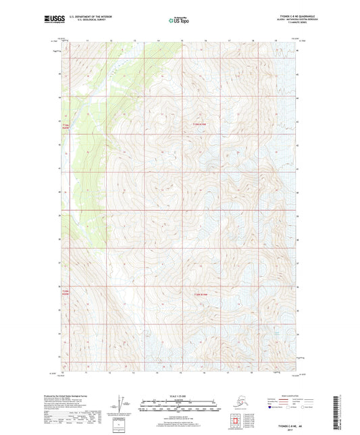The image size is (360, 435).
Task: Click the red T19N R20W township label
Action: click(66, 126)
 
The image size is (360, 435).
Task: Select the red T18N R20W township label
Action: click(66, 292)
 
